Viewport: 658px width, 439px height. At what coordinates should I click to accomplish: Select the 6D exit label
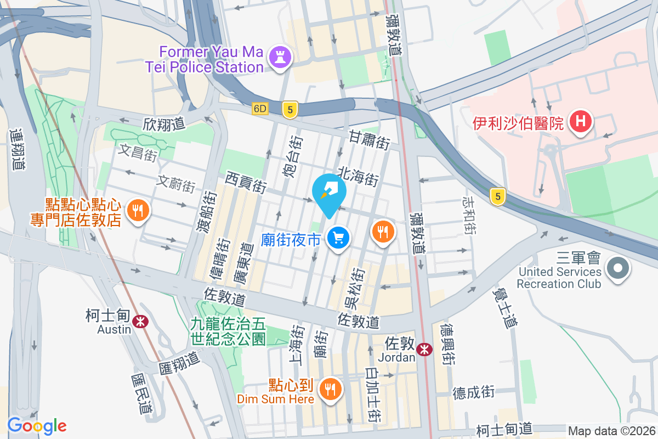(260, 109)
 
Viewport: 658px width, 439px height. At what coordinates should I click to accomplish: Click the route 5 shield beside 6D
(290, 109)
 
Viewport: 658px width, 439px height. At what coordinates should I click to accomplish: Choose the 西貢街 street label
(246, 182)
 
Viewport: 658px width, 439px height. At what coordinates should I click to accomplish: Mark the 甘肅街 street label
(370, 140)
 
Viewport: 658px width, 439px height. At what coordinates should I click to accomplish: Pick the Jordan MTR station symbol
(423, 348)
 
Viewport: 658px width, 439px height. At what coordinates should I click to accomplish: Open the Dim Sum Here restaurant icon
(330, 389)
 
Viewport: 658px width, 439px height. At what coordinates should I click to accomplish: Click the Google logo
(37, 425)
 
